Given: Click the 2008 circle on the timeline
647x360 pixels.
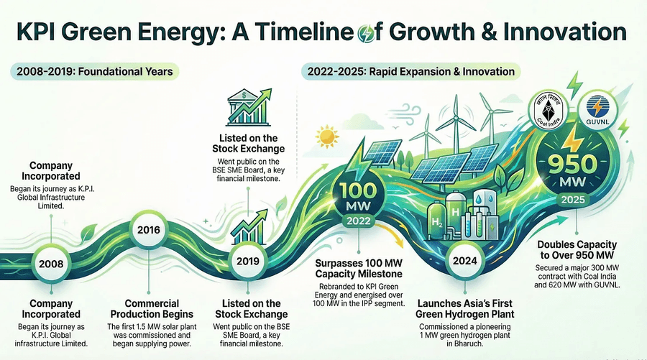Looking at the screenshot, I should pyautogui.click(x=51, y=263).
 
